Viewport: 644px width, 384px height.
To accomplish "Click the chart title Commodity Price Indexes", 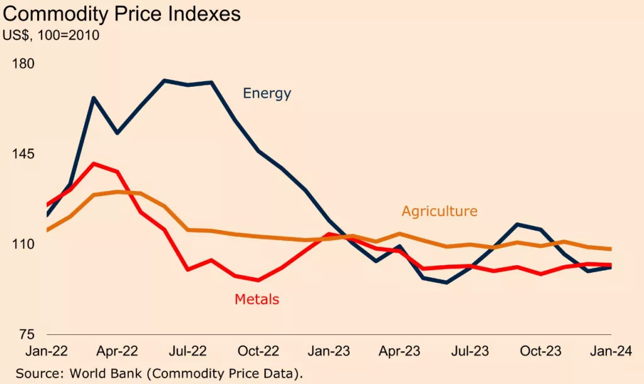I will pyautogui.click(x=122, y=14).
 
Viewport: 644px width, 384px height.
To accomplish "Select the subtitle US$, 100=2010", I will pyautogui.click(x=52, y=35).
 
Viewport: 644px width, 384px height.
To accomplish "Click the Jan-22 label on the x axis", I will pyautogui.click(x=47, y=350).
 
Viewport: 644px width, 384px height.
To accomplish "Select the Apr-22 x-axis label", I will pyautogui.click(x=118, y=350).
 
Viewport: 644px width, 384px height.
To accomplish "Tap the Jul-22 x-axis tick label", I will pyautogui.click(x=188, y=350).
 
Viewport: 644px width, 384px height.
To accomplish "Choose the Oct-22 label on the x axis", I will pyautogui.click(x=259, y=350).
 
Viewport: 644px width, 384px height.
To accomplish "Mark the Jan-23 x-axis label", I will pyautogui.click(x=330, y=350).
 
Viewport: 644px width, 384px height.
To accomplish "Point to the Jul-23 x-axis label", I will pyautogui.click(x=471, y=350).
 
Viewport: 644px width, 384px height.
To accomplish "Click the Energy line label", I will pyautogui.click(x=267, y=94).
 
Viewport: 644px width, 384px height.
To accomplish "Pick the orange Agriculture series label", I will pyautogui.click(x=440, y=211).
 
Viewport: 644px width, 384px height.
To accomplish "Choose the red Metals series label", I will pyautogui.click(x=257, y=299).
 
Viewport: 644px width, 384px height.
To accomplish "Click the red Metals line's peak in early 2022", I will pyautogui.click(x=94, y=164).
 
